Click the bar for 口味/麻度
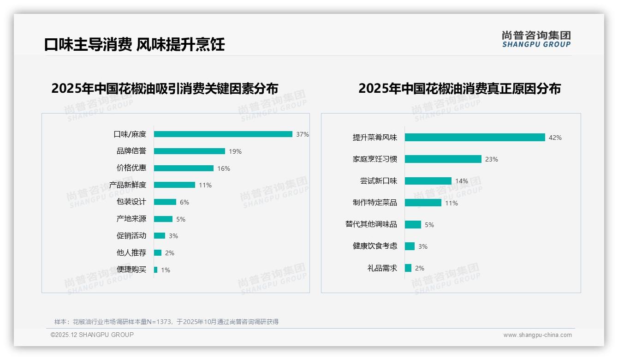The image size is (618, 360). [x=223, y=134]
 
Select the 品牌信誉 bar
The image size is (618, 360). [x=189, y=151]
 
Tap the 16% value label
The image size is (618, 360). [x=224, y=168]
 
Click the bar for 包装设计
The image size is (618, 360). [x=165, y=202]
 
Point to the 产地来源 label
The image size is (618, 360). [x=131, y=219]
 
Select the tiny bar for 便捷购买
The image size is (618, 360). [x=155, y=270]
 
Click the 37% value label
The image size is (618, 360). [x=303, y=134]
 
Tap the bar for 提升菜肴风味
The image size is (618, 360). [x=475, y=138]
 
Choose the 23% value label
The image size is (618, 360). [x=492, y=159]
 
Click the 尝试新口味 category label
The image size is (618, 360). [x=378, y=181]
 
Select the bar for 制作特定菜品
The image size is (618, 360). [x=423, y=203]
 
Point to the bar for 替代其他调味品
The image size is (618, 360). [x=413, y=224]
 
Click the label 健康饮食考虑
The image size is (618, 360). [x=374, y=246]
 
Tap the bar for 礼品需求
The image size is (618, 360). [x=408, y=268]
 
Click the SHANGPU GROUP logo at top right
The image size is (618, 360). [x=536, y=39]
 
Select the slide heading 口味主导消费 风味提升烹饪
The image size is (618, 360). [x=134, y=45]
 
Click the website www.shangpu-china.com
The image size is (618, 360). [x=537, y=335]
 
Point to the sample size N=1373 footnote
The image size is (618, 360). [x=166, y=322]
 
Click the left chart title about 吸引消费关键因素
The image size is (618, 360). [x=165, y=89]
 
